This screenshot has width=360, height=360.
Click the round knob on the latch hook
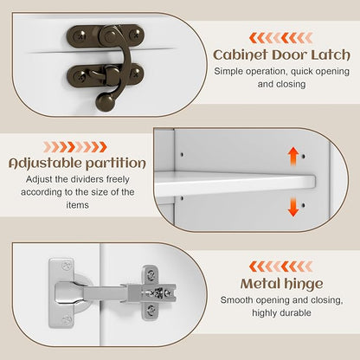pos(105,102)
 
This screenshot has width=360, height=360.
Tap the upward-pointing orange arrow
pos(293,156)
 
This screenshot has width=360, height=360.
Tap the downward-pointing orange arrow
pos(293,207)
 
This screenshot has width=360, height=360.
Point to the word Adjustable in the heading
pos(45,164)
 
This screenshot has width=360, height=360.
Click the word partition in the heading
pos(116,164)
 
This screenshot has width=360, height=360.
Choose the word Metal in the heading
pos(260,284)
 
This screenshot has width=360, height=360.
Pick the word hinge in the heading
pos(303,284)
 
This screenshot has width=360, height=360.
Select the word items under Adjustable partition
pos(77,205)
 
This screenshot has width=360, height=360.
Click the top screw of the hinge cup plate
pos(67,265)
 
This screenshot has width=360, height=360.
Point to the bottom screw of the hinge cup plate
pos(67,319)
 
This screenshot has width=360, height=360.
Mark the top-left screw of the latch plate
pos(79,36)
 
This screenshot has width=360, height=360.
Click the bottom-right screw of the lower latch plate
pos(136,74)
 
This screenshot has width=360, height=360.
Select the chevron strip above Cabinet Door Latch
pos(281,38)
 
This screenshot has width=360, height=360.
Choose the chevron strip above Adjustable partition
pos(75,147)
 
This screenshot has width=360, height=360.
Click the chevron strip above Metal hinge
pos(281,267)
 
